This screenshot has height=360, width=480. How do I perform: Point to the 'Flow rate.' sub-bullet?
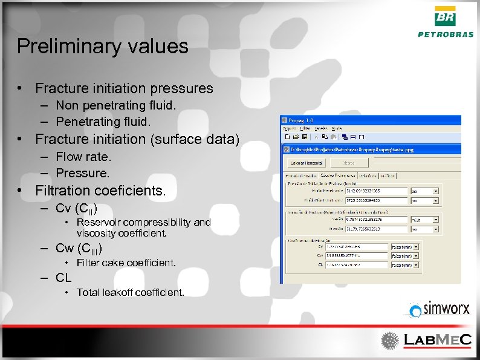coord(84,157)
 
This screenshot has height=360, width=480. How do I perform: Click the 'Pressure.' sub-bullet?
coord(83,173)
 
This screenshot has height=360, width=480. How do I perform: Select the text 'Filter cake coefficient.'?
coord(126,263)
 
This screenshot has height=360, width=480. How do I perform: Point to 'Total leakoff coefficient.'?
coord(130,292)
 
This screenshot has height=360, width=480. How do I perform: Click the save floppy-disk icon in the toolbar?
coord(305,137)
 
